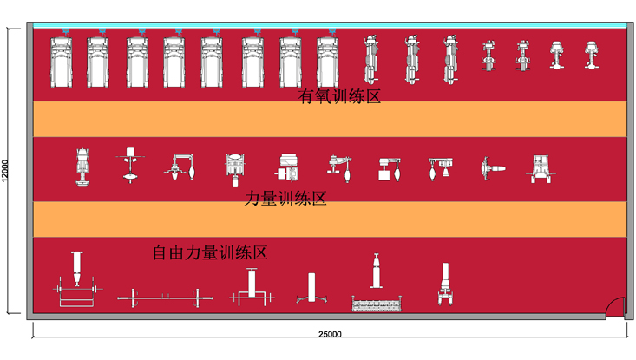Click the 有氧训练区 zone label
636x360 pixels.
click(x=339, y=96)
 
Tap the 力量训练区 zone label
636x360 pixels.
click(x=285, y=199)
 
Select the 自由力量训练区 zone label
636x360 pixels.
click(x=210, y=252)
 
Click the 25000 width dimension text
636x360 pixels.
click(x=330, y=334)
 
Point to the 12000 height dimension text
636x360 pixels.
click(x=5, y=171)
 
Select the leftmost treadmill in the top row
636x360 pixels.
click(x=62, y=62)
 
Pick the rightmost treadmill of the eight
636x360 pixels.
click(x=328, y=62)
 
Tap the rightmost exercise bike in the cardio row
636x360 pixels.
click(x=592, y=55)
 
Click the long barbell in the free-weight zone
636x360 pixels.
click(x=165, y=298)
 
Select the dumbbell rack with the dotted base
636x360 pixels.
click(x=377, y=283)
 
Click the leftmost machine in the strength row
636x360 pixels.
click(x=82, y=167)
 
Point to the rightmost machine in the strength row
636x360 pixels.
click(x=541, y=168)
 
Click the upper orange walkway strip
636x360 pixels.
click(x=330, y=119)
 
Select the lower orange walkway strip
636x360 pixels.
click(x=330, y=219)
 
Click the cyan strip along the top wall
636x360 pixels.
click(x=330, y=25)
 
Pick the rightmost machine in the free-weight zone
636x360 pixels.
click(x=445, y=284)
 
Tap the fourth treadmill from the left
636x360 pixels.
click(x=174, y=62)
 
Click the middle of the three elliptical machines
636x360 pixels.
click(x=411, y=59)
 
